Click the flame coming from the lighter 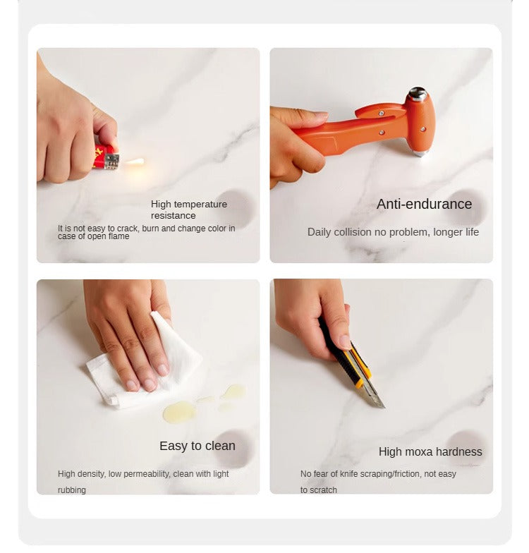click(134, 162)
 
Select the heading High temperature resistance click(189, 209)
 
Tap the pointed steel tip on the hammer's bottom click(418, 153)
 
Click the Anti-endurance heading click(425, 204)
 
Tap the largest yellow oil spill click(179, 412)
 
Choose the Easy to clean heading click(197, 446)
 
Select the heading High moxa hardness click(430, 451)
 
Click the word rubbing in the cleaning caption click(72, 490)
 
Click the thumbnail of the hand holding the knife click(381, 387)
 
